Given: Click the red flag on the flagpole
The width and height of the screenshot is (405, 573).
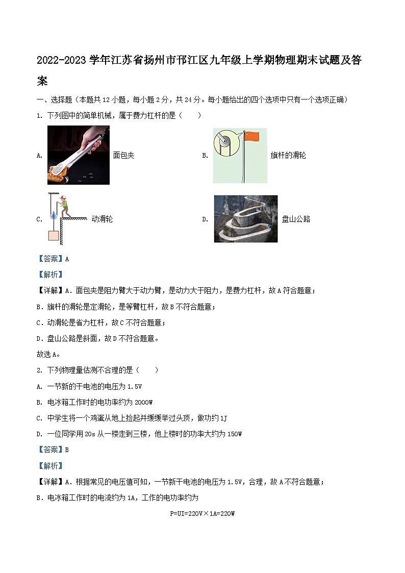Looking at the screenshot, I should click(x=252, y=136).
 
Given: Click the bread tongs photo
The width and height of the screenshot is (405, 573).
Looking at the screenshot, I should click(x=78, y=155).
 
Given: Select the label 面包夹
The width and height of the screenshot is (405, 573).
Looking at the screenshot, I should click(x=123, y=155).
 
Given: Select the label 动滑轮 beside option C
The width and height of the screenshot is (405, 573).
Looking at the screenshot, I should click(x=102, y=219).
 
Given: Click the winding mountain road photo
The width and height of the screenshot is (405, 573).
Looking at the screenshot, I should click(x=245, y=218).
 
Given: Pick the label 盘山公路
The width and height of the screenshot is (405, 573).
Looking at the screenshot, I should click(x=296, y=219).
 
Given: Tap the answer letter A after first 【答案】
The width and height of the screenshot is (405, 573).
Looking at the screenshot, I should click(x=67, y=259).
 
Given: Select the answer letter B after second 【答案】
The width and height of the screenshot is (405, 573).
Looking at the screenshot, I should click(x=67, y=450).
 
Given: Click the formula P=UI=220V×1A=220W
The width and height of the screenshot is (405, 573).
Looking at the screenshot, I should click(x=202, y=514).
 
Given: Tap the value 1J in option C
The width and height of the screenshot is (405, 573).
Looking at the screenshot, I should click(x=223, y=418).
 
